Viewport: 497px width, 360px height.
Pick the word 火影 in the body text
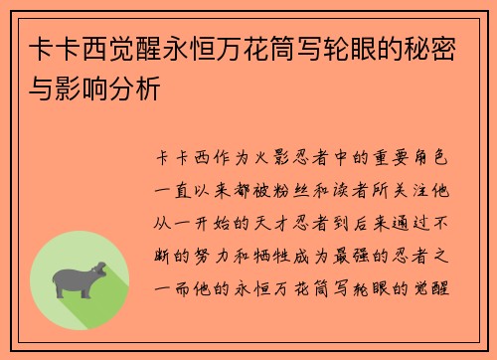tap(266, 156)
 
